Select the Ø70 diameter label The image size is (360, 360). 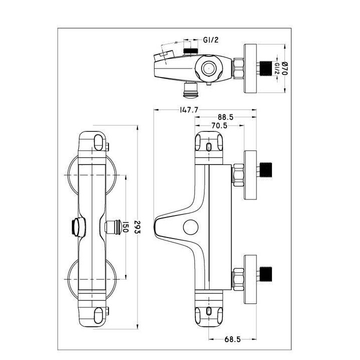286,68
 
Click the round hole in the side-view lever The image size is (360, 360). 189,226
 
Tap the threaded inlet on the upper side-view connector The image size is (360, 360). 266,170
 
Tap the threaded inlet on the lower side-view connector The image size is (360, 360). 266,274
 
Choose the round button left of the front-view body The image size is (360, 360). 76,227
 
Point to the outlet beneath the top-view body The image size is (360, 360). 190,89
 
